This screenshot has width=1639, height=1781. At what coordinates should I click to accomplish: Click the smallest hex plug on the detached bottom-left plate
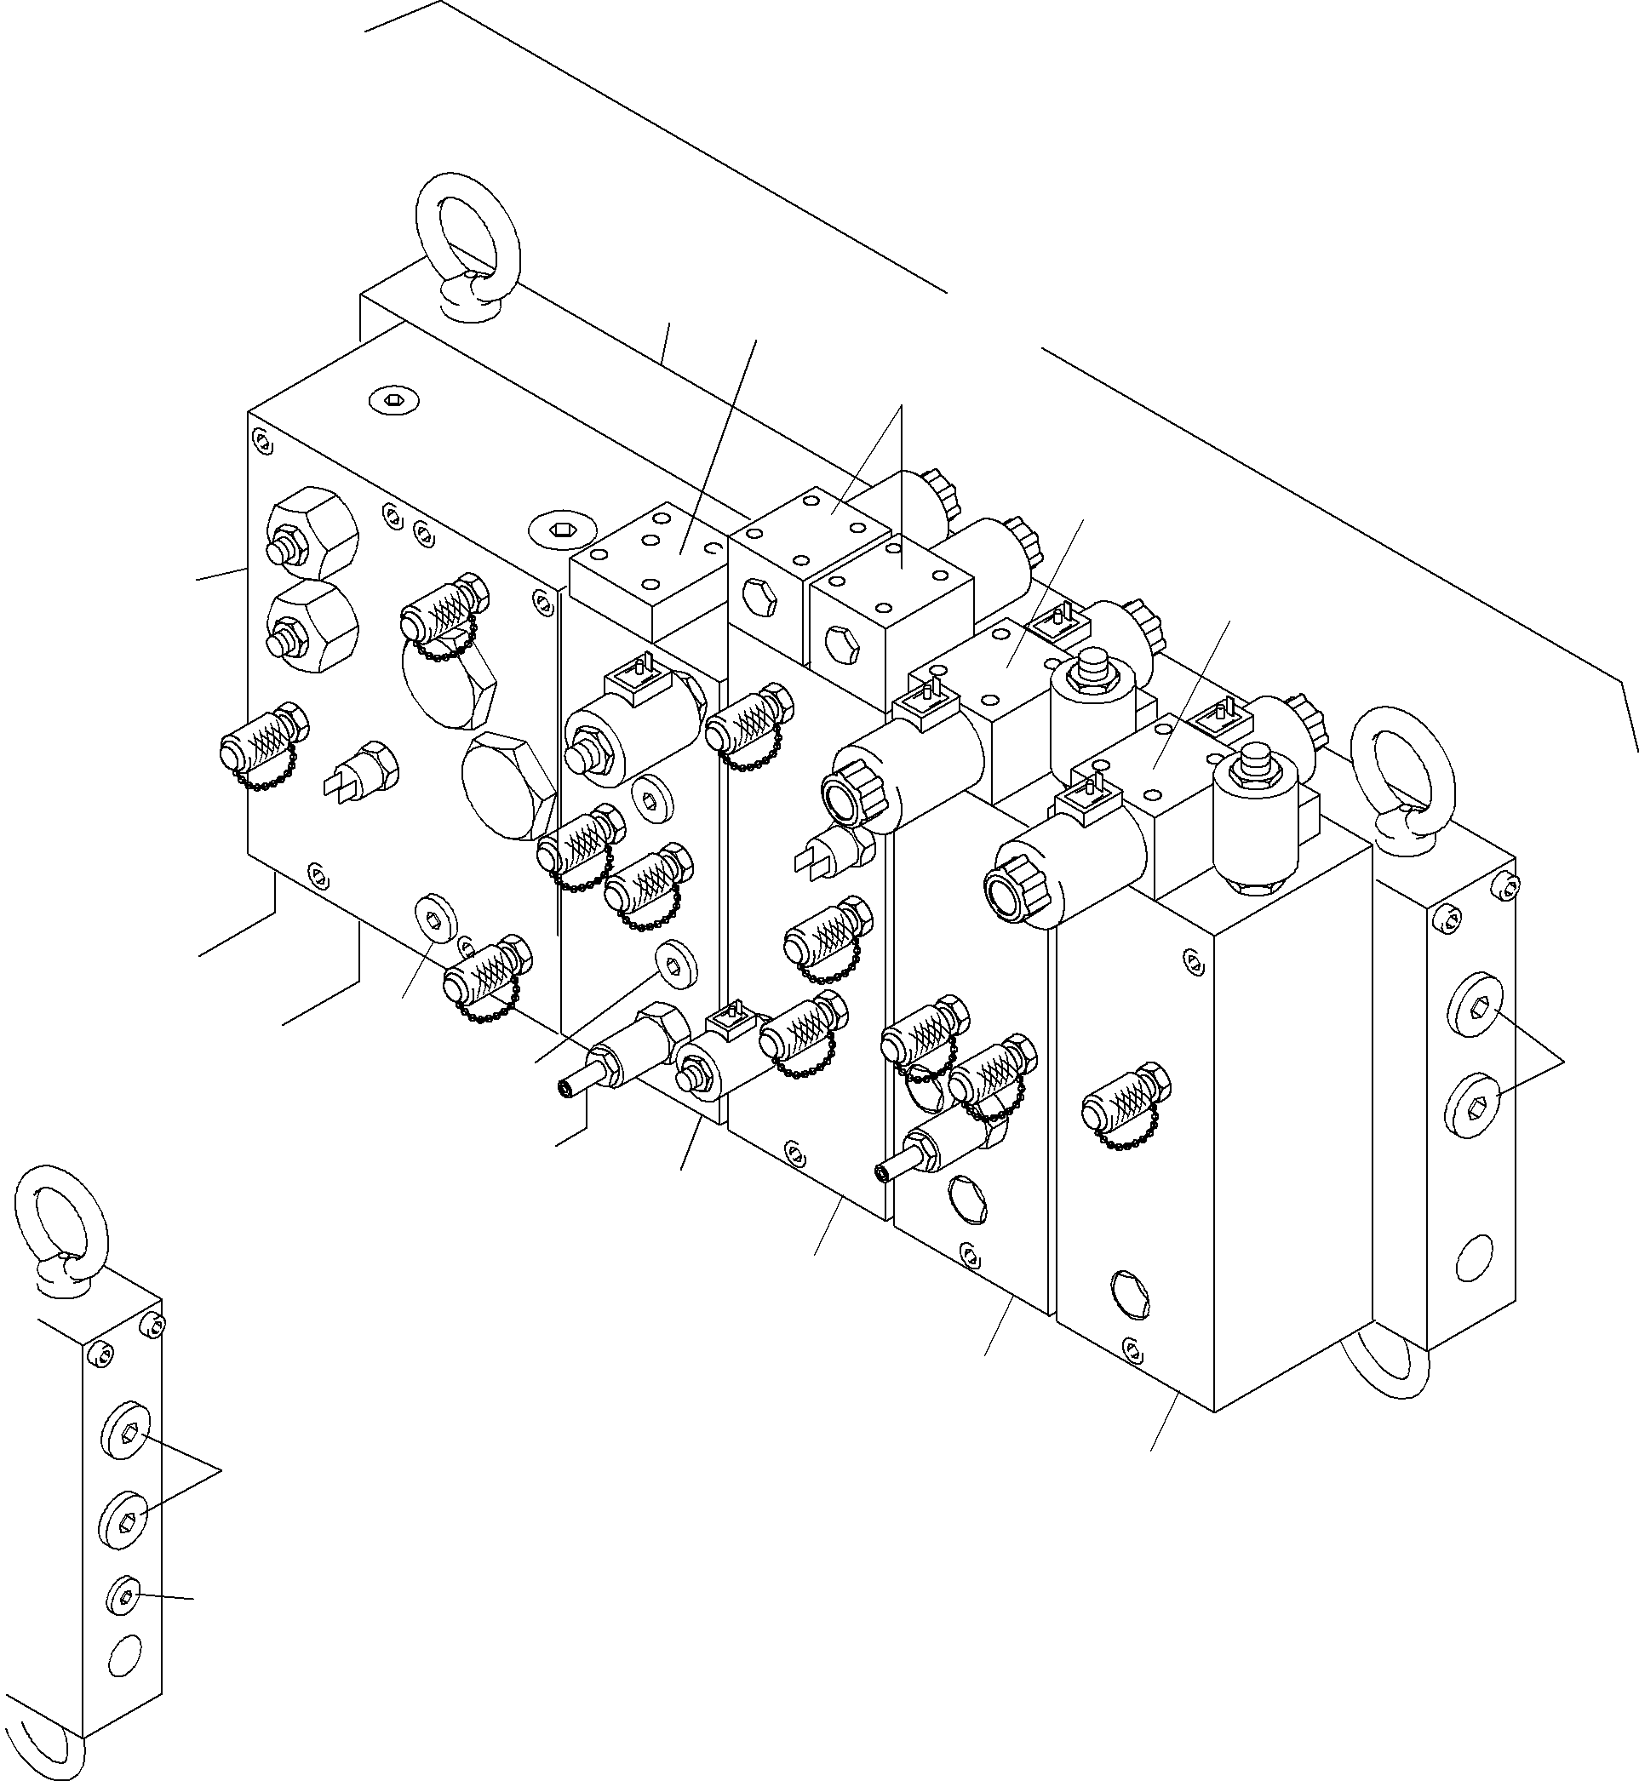point(125,1597)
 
